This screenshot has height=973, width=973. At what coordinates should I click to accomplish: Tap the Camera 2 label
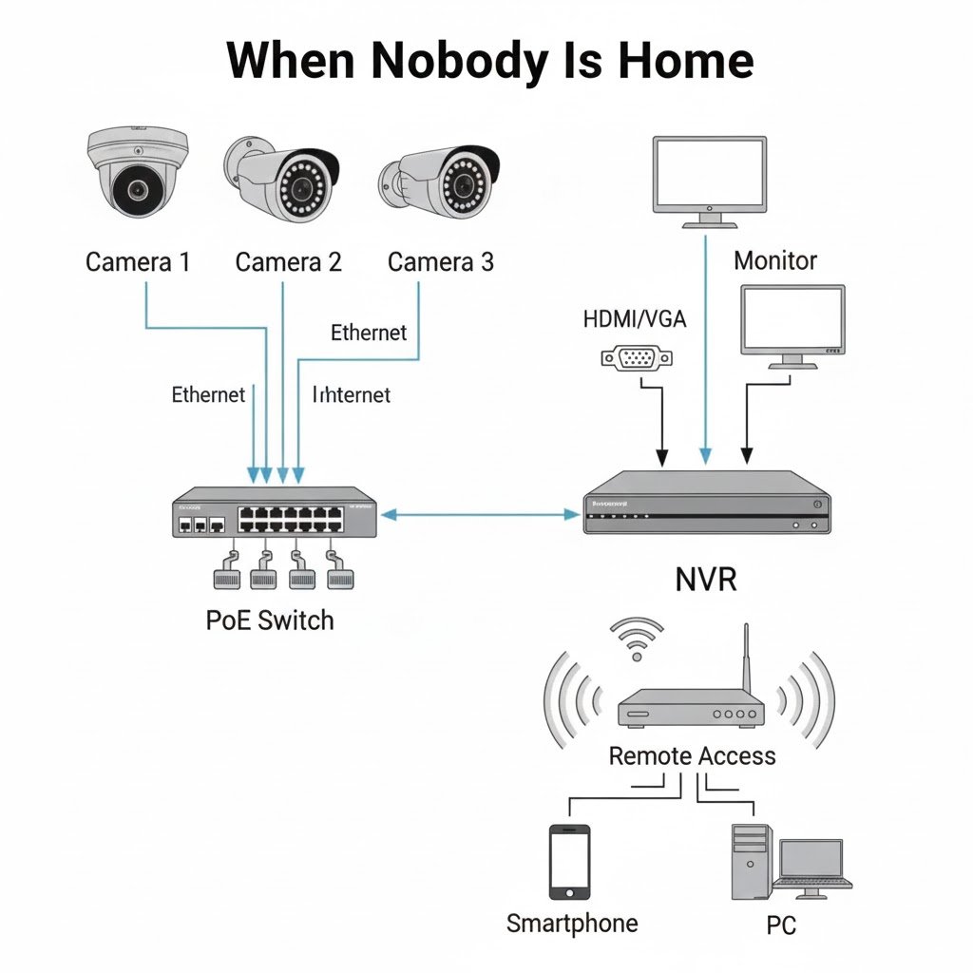pos(288,261)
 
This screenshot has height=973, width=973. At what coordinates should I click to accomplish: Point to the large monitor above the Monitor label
pos(710,177)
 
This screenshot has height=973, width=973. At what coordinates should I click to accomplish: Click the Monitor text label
pos(774,260)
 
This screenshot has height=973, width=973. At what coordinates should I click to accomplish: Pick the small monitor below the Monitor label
pos(792,323)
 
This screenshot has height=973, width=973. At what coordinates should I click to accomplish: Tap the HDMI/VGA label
pos(634,319)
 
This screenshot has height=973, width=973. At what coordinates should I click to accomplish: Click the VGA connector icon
pos(638,357)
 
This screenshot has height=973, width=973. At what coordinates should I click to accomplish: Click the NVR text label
pos(706,579)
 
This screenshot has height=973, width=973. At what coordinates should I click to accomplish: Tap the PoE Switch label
pos(270,620)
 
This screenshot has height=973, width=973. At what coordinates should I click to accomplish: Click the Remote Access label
pos(692,756)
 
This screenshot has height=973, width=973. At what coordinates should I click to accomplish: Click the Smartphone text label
pos(572,923)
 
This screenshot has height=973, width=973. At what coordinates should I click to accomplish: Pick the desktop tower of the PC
pos(750,861)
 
